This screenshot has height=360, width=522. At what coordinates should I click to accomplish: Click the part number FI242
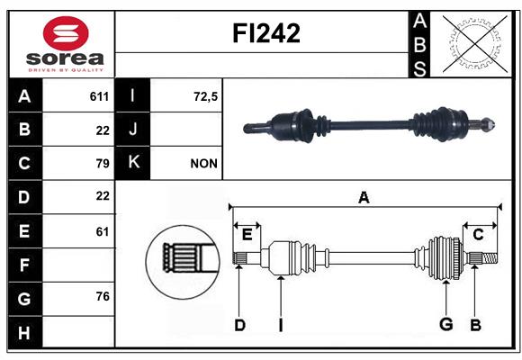266,33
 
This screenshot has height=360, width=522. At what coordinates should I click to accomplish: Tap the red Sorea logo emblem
66,33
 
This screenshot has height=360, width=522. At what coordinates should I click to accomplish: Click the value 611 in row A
99,96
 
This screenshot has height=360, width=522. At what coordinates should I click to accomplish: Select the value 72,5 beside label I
205,96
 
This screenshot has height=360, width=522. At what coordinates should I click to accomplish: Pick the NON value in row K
203,164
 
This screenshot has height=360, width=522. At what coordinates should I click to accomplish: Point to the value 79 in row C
103,164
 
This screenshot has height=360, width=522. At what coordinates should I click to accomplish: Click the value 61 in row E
103,231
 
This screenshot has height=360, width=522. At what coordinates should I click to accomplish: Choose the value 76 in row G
103,296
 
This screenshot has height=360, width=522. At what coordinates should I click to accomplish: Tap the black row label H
25,332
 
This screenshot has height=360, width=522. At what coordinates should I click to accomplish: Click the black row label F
25,265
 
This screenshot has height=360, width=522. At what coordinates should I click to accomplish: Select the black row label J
132,130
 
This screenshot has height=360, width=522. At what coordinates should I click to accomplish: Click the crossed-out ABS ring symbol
475,43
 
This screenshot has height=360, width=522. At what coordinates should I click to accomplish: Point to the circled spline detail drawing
183,261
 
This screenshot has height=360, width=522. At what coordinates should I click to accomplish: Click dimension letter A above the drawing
364,197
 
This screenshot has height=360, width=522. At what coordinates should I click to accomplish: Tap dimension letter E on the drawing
247,235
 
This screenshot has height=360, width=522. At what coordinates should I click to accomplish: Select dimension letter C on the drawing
478,235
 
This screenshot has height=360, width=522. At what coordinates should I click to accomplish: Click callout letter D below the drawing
239,325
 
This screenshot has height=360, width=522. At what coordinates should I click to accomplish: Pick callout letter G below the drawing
446,324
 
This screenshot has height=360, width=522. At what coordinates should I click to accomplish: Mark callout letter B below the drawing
476,325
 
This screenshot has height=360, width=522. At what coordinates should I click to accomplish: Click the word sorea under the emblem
65,58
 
